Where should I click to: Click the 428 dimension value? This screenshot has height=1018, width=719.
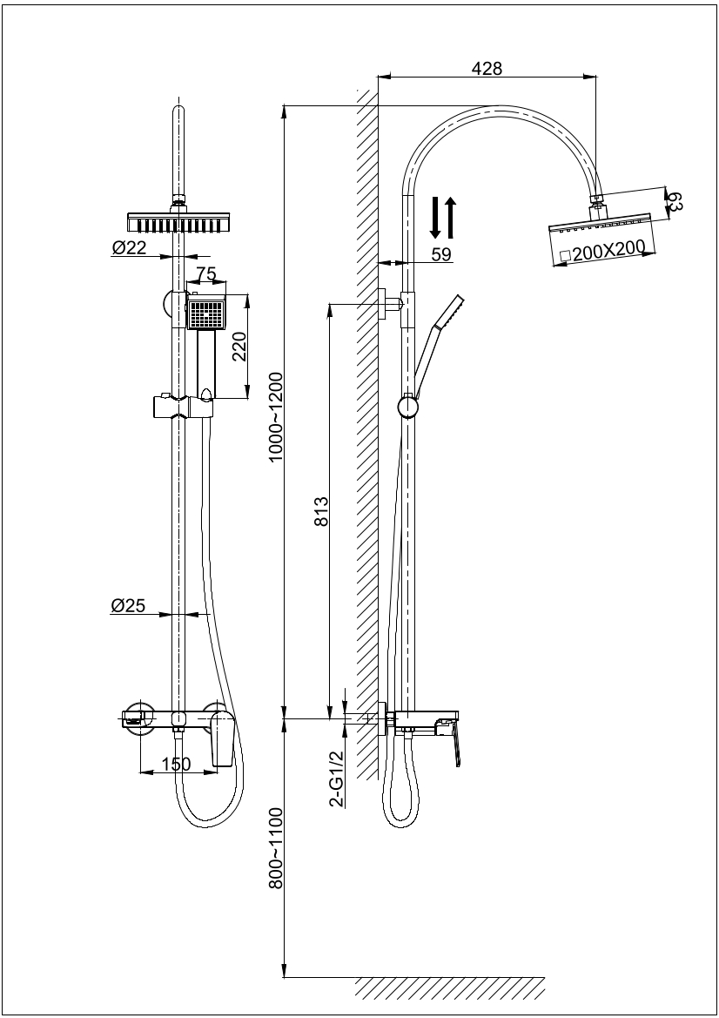click(x=487, y=69)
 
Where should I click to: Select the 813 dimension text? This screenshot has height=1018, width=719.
click(x=319, y=513)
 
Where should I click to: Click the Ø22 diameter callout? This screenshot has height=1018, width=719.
click(x=129, y=249)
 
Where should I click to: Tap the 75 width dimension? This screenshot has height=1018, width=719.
click(x=206, y=274)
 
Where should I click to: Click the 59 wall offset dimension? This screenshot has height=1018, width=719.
click(x=442, y=253)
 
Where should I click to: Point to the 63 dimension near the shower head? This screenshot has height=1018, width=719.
click(x=675, y=203)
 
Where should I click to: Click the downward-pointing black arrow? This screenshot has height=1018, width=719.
click(x=436, y=218)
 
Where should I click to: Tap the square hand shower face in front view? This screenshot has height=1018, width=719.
click(x=206, y=313)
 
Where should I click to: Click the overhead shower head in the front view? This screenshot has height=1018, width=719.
click(x=180, y=221)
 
